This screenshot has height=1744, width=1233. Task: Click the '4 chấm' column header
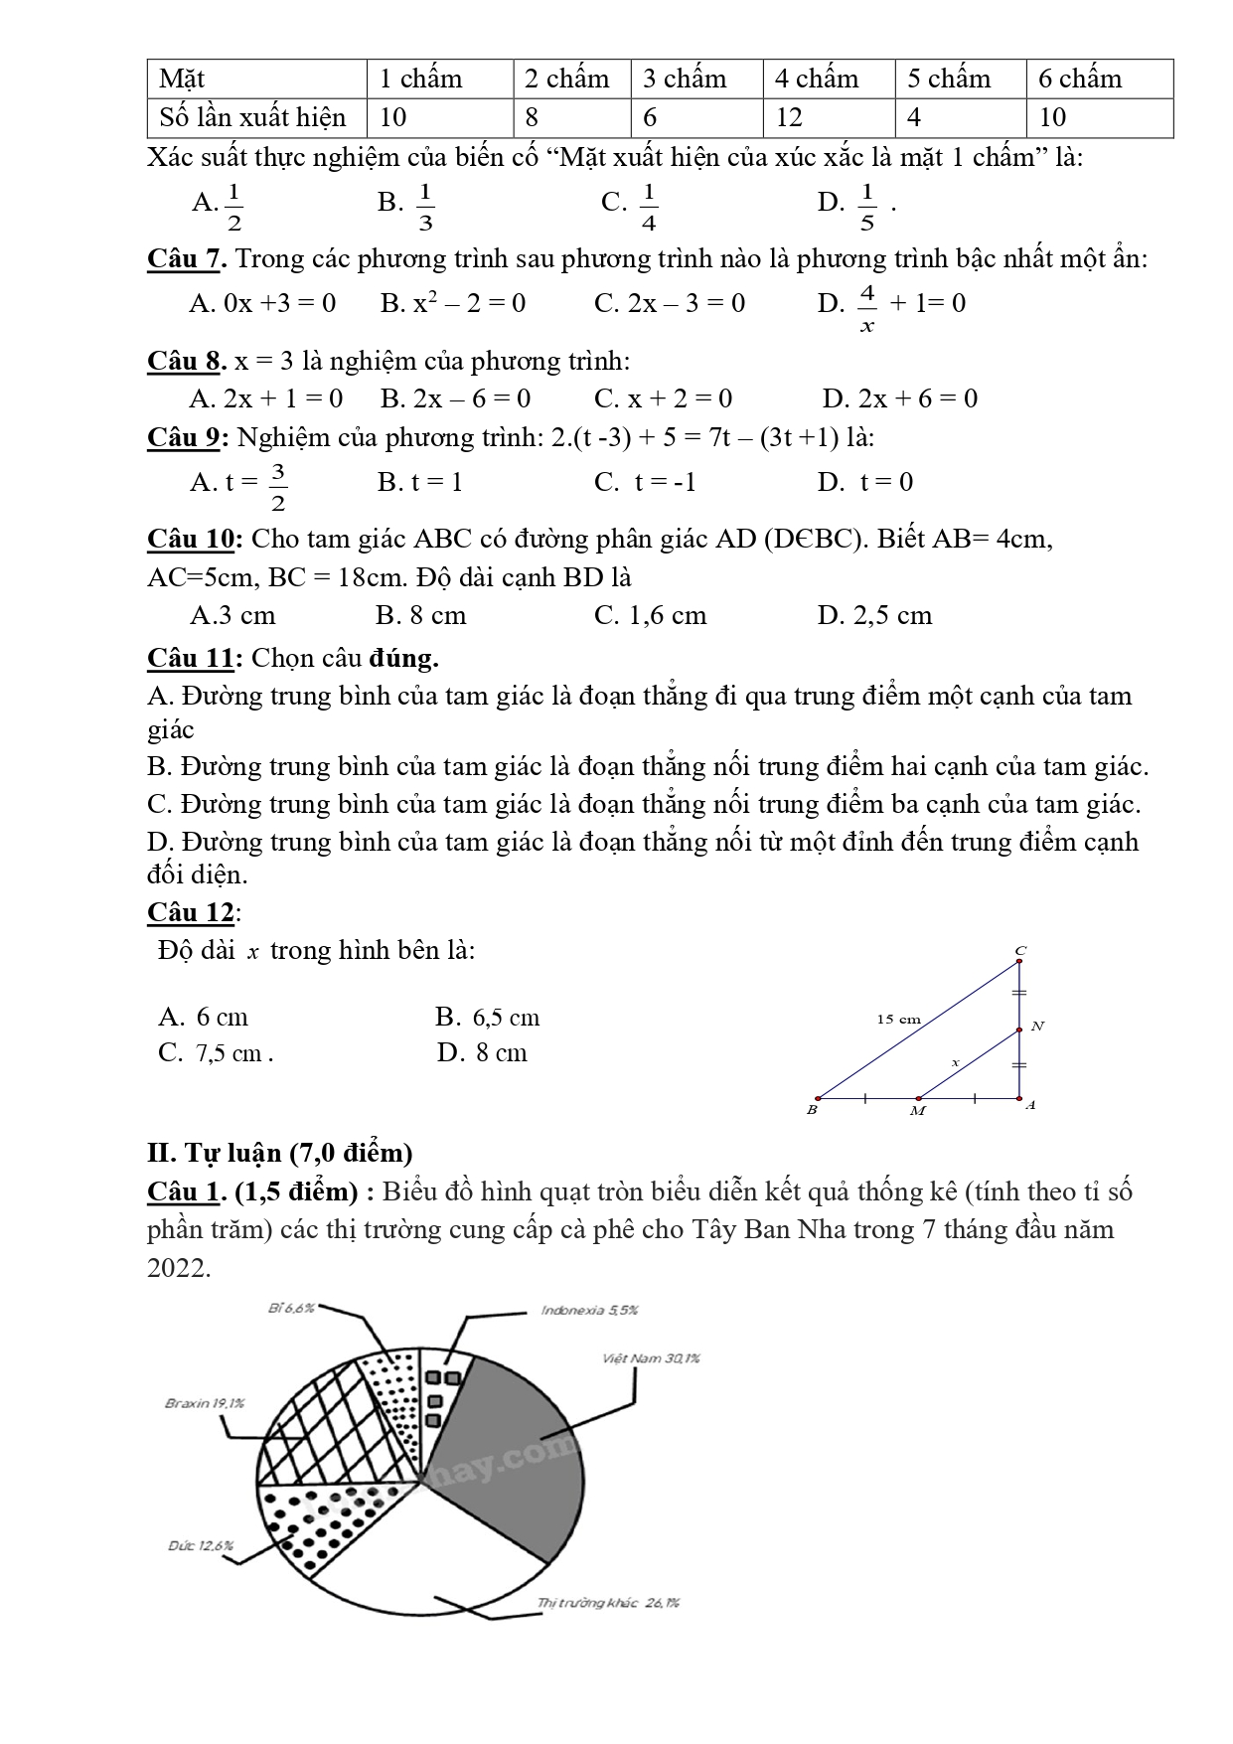pos(817,79)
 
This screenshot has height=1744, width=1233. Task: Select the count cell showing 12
pos(789,118)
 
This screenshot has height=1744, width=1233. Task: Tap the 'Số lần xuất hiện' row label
pos(253,118)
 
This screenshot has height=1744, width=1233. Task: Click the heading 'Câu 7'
pos(186,259)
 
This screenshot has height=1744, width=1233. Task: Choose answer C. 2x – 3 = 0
pos(669,303)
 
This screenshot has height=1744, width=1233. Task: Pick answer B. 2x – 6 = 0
pos(455,398)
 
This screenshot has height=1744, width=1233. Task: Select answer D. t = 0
pos(864,483)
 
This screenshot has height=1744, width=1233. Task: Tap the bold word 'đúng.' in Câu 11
pos(403,658)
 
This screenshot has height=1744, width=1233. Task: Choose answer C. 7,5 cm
pos(215,1053)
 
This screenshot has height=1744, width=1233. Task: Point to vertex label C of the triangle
pos(1019,951)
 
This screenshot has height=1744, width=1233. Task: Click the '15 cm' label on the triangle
pos(898,1019)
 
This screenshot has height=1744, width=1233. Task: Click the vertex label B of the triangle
pos(812,1110)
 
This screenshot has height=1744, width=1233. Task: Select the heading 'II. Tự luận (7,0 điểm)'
pos(279,1153)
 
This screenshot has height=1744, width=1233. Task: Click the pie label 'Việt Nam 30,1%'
pos(651,1358)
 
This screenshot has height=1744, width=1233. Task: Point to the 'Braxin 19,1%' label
pos(204,1403)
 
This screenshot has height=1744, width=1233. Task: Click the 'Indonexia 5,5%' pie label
pos(589,1310)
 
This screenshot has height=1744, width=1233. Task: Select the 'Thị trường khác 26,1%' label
pos(608,1603)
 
